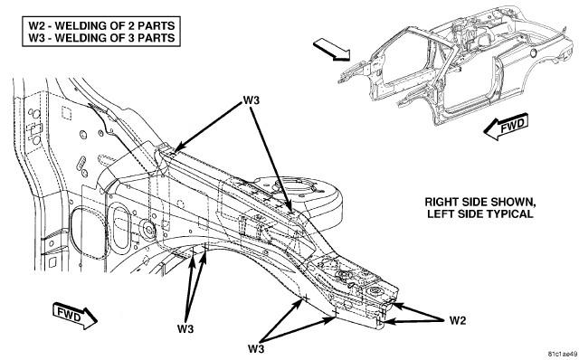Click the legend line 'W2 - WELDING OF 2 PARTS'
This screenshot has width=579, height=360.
tap(101, 26)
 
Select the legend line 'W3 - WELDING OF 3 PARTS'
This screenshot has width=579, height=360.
tap(101, 38)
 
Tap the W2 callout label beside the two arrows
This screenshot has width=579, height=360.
tap(458, 320)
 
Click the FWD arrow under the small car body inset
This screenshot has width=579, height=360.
tap(506, 127)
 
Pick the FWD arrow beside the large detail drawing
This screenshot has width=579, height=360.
tap(75, 316)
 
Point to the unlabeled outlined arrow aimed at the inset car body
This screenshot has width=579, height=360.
tap(332, 51)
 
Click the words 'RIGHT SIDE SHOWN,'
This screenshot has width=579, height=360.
tap(480, 202)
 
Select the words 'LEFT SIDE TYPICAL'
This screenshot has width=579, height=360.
tap(480, 213)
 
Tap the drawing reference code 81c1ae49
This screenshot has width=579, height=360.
tap(561, 354)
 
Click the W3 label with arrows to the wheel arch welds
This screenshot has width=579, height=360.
tap(185, 328)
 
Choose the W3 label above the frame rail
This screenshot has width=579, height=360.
tap(252, 100)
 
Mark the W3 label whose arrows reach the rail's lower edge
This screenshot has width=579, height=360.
tap(256, 348)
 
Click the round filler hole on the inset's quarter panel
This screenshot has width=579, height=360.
tap(533, 52)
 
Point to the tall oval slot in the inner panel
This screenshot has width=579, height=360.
tap(121, 227)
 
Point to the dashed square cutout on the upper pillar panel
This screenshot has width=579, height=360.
tap(66, 113)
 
